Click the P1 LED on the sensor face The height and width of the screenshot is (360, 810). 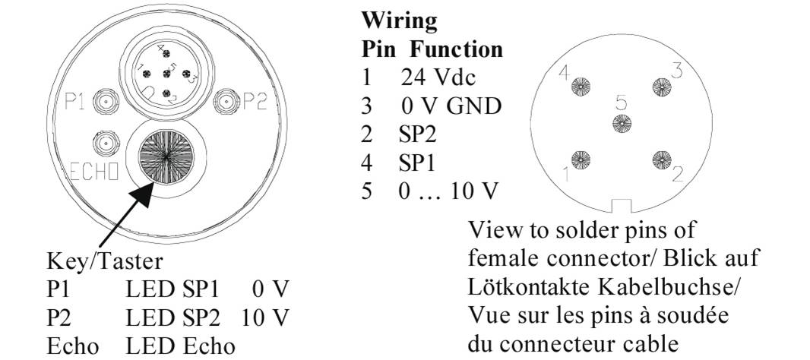[x=105, y=101]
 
